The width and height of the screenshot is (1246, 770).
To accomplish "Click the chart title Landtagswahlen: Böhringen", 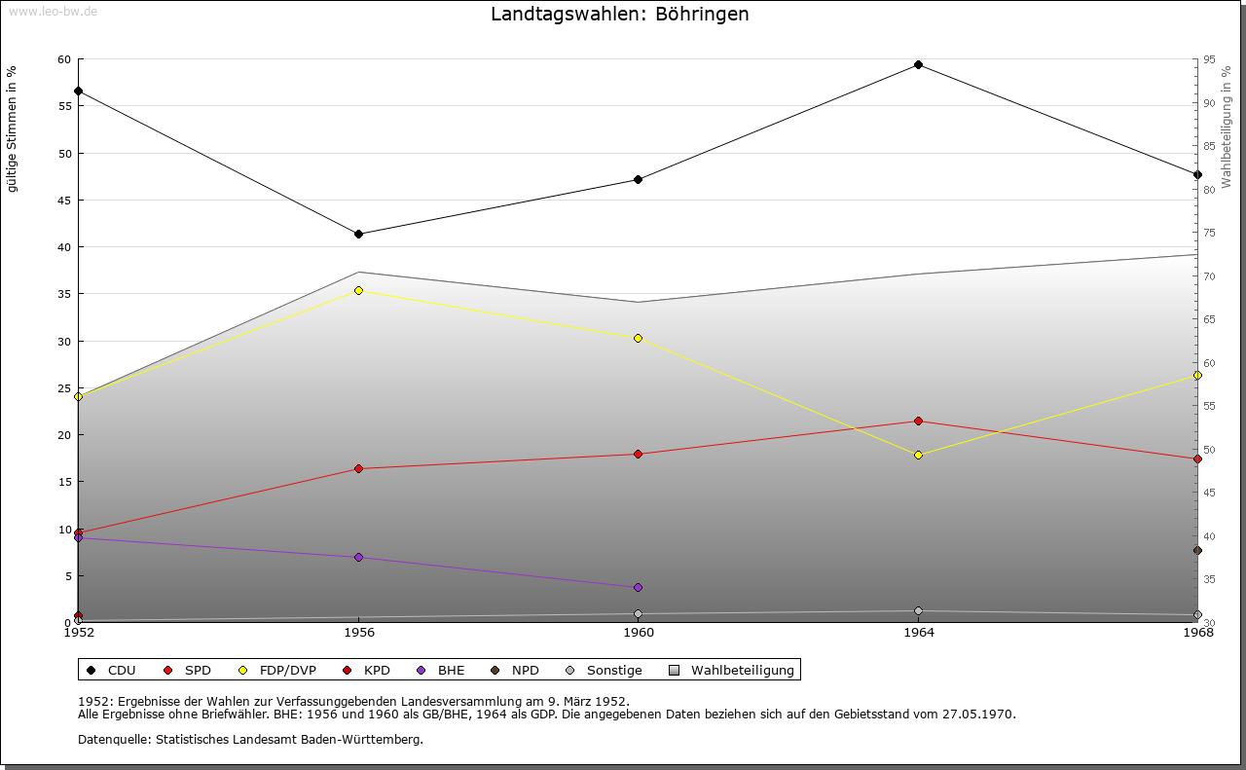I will [620, 15].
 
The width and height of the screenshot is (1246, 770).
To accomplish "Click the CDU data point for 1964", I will [918, 65].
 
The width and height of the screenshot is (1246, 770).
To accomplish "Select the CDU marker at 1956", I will [358, 235].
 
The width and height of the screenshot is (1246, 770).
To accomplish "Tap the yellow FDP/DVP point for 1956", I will [358, 290].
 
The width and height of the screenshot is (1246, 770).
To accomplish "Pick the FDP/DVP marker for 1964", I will [918, 455].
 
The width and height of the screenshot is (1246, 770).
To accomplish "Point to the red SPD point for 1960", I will [638, 454].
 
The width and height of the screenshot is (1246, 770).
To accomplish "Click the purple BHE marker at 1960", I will [638, 587].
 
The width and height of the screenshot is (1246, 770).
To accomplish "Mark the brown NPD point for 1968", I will [1197, 550].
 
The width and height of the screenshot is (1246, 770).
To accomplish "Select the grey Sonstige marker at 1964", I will [918, 611].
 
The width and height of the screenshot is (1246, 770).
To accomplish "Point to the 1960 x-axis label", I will [639, 633].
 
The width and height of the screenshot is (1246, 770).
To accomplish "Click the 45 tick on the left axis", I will [63, 201].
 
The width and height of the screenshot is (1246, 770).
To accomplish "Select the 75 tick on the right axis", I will [1209, 233].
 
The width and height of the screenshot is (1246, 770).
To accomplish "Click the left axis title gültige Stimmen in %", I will [13, 128].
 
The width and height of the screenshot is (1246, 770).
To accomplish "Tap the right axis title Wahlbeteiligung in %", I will [1227, 127].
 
